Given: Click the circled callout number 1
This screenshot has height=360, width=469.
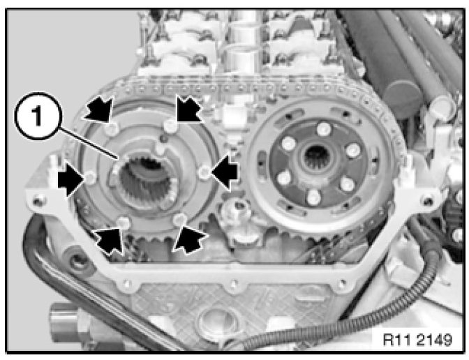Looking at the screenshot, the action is tap(38, 116).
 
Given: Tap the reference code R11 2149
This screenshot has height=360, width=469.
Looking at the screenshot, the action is tap(417, 340).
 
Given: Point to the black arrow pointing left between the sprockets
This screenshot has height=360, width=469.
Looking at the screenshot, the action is tap(225, 172).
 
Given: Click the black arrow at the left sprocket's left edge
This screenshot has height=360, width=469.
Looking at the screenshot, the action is tap(70, 179).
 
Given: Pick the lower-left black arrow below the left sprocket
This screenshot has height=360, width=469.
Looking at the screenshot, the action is tap(110, 240).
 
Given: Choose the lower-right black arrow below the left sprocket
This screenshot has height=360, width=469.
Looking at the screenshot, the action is tap(189, 239).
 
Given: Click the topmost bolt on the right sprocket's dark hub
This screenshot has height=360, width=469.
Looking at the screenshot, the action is tap(324, 130).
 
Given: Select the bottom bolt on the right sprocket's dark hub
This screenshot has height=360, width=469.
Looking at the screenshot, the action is tap(313, 197).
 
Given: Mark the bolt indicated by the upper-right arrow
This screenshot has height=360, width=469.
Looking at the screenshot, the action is tap(171, 126).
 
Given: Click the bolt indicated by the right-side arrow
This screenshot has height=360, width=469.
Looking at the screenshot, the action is tap(205, 172).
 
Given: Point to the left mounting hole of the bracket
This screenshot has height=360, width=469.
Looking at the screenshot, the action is tap(39, 201).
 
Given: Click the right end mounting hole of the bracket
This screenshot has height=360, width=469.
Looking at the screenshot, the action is tap(428, 200).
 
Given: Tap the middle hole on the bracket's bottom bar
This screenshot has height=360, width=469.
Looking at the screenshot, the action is tap(234, 283).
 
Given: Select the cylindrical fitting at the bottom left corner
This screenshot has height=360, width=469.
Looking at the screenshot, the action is tap(64, 324).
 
